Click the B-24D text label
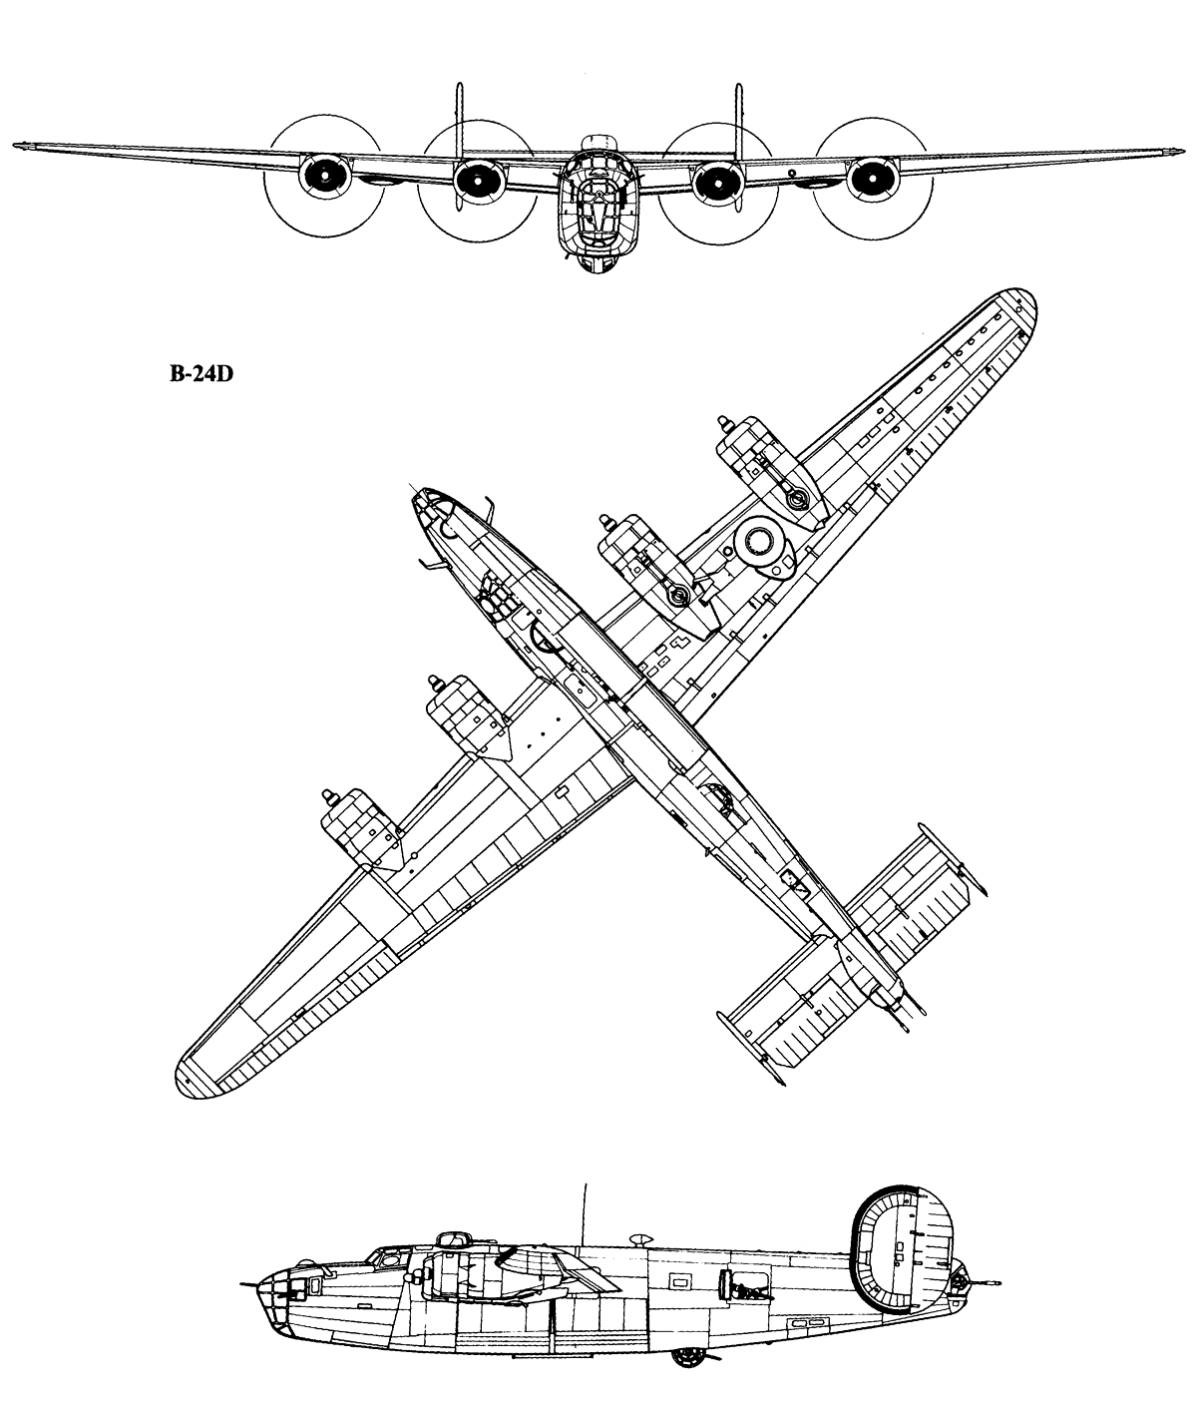[x=201, y=373]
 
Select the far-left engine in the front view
[x=324, y=176]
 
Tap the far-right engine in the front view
[x=873, y=179]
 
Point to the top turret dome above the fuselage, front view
[x=599, y=143]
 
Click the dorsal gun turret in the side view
[x=454, y=1238]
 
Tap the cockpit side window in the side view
[x=388, y=1257]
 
